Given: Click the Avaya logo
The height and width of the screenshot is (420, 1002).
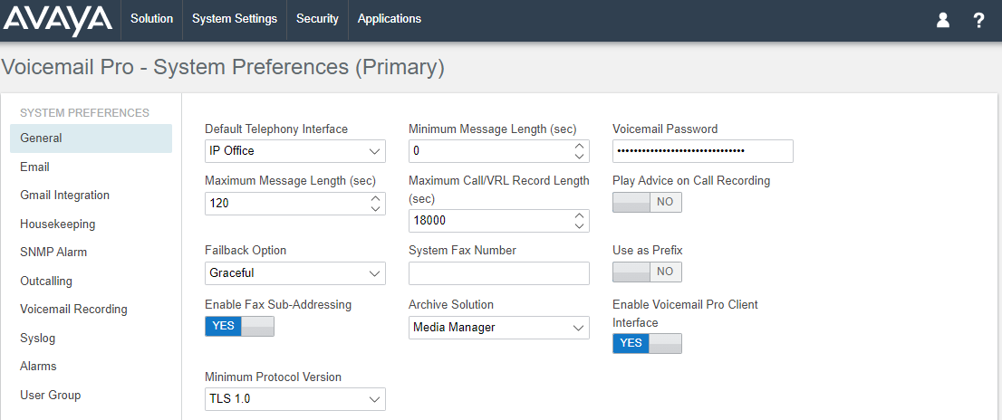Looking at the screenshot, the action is pos(57,20).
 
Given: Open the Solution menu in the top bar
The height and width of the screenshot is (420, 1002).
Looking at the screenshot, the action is pos(151,19).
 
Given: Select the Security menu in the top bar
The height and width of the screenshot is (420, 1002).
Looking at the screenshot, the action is pos(317,19).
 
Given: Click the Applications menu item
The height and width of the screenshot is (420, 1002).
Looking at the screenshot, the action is pos(390,19).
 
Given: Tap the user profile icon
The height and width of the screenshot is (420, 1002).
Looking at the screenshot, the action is pos(942,21).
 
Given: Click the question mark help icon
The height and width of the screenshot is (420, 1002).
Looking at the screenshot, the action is pos(978,21).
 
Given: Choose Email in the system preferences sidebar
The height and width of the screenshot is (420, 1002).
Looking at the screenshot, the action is pos(34,167).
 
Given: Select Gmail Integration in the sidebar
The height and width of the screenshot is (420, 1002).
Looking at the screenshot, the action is pos(64,196).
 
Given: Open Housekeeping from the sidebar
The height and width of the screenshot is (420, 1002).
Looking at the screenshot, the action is pos(57,224).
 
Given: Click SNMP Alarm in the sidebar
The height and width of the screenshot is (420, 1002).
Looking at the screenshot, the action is pos(53,253).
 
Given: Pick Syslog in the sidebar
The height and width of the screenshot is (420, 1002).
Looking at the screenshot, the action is pos(38,338).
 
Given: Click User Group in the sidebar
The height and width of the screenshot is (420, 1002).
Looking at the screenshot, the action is pos(50,395).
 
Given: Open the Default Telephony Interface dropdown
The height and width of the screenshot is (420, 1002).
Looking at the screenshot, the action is pos(295,151).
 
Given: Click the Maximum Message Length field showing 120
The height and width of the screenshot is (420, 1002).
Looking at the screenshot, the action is pos(295,204).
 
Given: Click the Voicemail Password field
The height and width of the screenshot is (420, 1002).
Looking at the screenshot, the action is pos(703,151).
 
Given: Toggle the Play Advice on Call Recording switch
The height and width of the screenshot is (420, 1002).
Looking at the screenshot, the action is pos(648,202).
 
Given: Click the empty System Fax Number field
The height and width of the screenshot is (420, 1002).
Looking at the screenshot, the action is pos(499,273).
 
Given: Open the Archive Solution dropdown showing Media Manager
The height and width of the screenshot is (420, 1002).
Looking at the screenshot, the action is pos(499,328).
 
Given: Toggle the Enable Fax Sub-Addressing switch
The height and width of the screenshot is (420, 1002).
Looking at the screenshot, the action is pos(240,326).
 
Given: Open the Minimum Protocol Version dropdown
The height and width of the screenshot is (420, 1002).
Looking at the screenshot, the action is pos(295,399).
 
